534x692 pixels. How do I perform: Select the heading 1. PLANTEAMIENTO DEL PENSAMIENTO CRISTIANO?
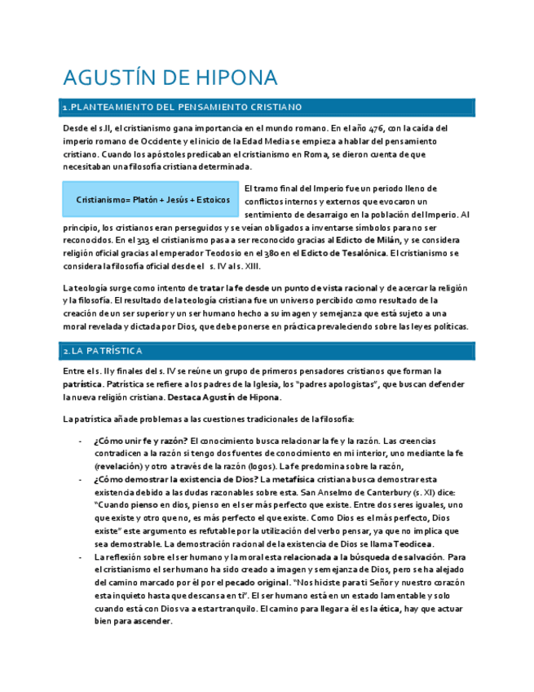coord(183,107)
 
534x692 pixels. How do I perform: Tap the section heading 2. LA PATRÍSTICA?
coord(103,351)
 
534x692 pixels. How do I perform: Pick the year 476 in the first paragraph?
coord(377,128)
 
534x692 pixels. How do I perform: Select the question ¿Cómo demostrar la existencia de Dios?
coord(173,480)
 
